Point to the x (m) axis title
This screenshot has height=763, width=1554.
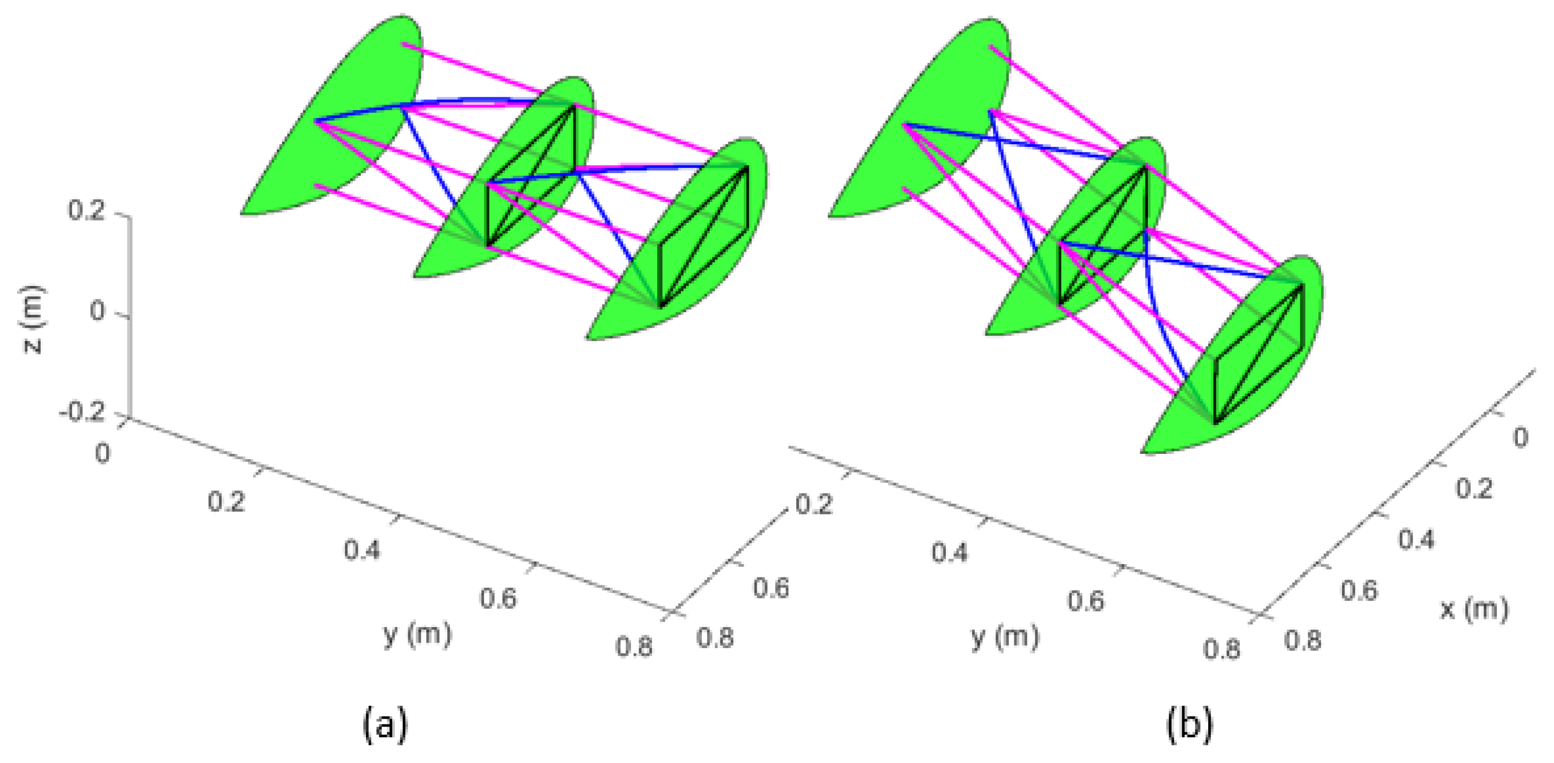(1474, 609)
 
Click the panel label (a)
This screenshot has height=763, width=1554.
(385, 724)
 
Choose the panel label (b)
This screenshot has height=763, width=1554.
(1189, 724)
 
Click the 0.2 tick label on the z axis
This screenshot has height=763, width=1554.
(86, 211)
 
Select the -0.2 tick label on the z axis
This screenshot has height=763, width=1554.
(81, 413)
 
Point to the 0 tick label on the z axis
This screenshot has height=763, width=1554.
(97, 312)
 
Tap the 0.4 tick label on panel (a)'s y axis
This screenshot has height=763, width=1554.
(362, 550)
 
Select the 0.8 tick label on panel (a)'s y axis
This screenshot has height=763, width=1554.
(634, 647)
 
